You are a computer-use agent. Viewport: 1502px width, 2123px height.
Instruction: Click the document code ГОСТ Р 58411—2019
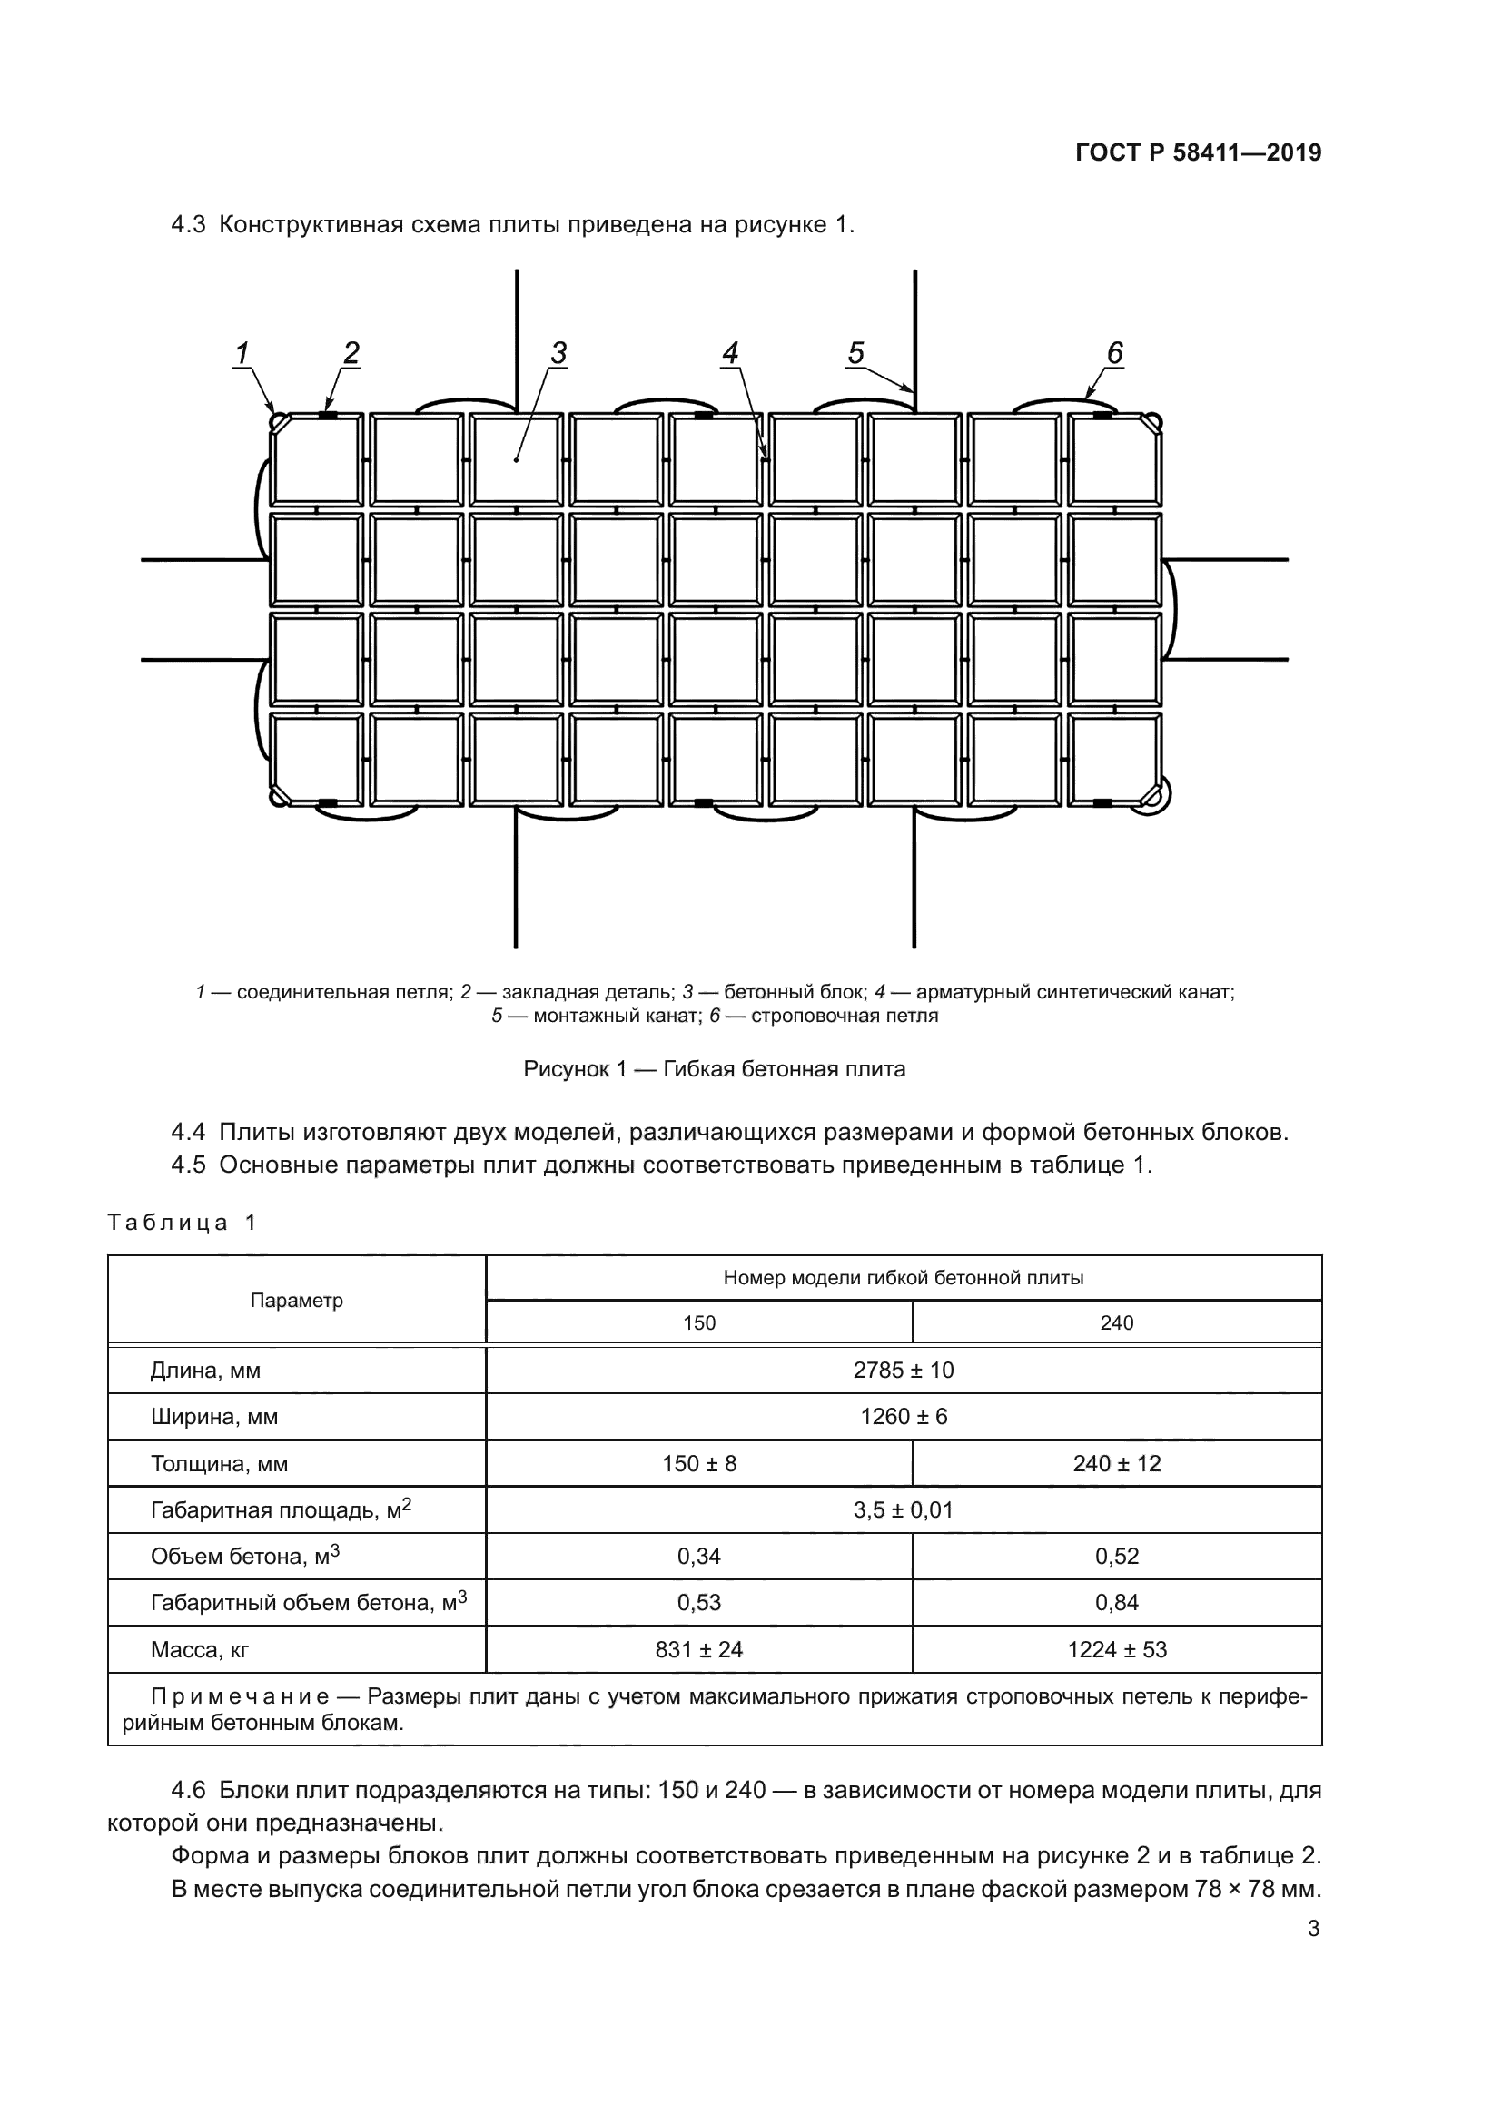click(x=1199, y=152)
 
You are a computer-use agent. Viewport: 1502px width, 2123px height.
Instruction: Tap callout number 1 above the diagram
click(x=242, y=353)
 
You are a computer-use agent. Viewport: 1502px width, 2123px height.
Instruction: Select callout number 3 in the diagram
click(x=558, y=353)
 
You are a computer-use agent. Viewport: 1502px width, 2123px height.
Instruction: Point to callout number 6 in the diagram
click(x=1114, y=353)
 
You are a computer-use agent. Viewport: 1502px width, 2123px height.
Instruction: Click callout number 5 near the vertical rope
click(x=855, y=353)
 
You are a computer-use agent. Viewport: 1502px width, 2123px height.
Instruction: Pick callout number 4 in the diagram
click(x=731, y=353)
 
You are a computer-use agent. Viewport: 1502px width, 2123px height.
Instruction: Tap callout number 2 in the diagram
click(x=351, y=353)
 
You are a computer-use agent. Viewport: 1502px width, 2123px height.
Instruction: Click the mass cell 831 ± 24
click(x=698, y=1648)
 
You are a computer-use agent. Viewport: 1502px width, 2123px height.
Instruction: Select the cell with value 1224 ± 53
click(x=1116, y=1648)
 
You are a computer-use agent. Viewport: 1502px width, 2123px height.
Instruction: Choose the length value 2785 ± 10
click(x=903, y=1370)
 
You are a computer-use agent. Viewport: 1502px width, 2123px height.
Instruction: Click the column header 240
click(x=1116, y=1322)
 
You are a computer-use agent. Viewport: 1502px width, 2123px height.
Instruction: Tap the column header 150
click(x=698, y=1322)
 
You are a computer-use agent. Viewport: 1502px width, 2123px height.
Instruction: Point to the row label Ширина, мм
click(x=213, y=1417)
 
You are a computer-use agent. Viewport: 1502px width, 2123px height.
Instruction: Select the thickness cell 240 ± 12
click(x=1116, y=1463)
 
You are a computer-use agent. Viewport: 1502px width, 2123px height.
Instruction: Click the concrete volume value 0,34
click(x=698, y=1556)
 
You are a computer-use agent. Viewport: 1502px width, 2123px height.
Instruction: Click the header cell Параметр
click(x=296, y=1300)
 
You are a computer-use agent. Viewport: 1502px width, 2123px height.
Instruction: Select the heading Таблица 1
click(x=182, y=1223)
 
